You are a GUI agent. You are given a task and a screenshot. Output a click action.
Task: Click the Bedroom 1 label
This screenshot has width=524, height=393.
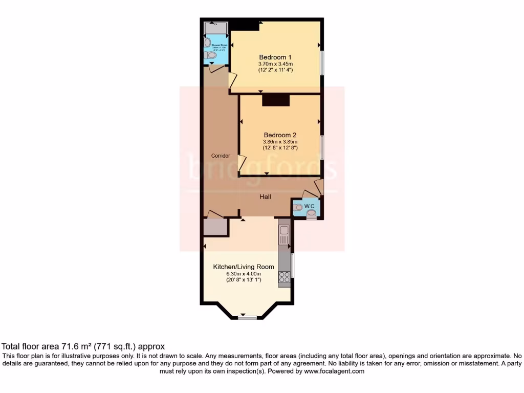(275, 57)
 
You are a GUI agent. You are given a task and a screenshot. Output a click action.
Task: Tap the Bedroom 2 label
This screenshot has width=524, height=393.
(280, 135)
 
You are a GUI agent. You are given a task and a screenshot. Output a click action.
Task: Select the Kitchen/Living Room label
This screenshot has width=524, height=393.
(243, 267)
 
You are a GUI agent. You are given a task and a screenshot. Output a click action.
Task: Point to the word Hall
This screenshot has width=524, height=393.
(265, 196)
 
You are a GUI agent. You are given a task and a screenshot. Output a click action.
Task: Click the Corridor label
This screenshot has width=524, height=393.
(221, 156)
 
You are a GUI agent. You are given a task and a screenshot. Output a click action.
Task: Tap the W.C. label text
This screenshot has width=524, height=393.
(309, 206)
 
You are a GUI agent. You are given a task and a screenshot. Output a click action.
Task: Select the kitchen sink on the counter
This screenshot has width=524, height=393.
(284, 237)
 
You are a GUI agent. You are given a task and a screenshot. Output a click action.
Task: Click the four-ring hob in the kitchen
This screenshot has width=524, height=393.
(284, 277)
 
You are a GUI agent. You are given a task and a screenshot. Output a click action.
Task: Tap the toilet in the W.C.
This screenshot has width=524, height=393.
(299, 208)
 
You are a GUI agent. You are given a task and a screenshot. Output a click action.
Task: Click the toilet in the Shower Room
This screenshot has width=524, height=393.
(210, 55)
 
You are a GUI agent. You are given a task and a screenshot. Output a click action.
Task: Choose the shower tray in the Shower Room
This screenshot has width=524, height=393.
(215, 27)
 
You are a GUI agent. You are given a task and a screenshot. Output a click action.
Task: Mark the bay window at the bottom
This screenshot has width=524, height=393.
(247, 317)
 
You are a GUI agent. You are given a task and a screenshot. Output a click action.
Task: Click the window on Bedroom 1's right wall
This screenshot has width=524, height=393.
(322, 62)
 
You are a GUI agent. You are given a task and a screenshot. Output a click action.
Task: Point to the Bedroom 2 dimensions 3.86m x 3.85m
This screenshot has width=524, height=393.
(280, 142)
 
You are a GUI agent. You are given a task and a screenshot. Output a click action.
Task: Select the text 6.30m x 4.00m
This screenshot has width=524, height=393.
(243, 273)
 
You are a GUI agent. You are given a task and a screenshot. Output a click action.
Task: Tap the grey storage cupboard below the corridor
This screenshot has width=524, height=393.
(215, 227)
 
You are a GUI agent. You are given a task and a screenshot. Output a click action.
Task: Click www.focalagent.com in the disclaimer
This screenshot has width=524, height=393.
(335, 372)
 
